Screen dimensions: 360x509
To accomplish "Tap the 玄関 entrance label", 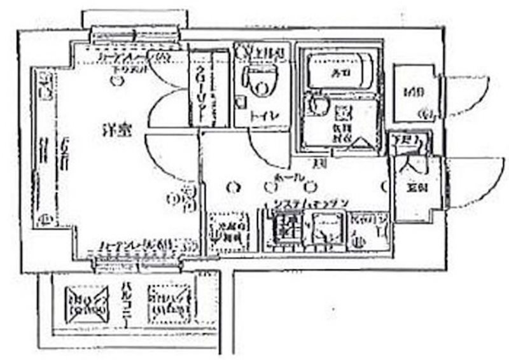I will [417, 188].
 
